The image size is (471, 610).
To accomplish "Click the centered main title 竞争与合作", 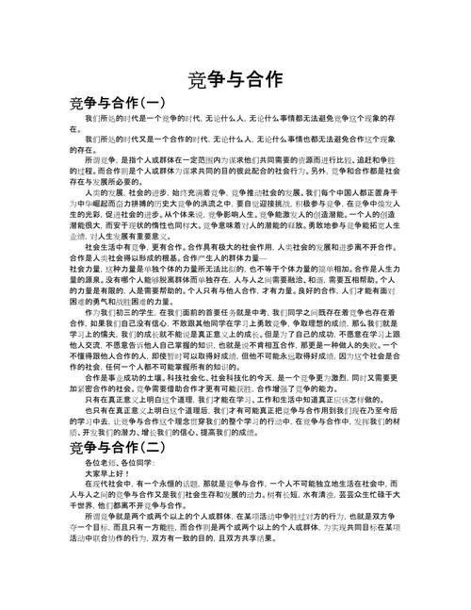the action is point(235,81).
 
